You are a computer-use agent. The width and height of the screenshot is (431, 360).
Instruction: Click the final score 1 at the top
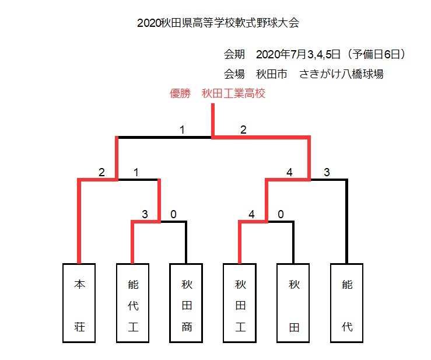pyautogui.click(x=182, y=130)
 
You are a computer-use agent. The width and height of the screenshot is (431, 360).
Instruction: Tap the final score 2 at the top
pyautogui.click(x=243, y=130)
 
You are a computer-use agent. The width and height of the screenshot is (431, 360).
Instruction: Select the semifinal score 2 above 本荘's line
pyautogui.click(x=101, y=173)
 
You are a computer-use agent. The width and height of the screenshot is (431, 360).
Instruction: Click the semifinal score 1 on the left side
pyautogui.click(x=136, y=173)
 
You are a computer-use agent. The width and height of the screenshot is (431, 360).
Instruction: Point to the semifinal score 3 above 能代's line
pyautogui.click(x=327, y=173)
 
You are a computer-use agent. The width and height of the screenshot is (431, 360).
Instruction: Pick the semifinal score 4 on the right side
pyautogui.click(x=289, y=173)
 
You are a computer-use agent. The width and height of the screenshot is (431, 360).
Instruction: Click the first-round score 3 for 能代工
pyautogui.click(x=145, y=214)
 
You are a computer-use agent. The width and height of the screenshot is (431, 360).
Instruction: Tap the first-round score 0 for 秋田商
pyautogui.click(x=173, y=214)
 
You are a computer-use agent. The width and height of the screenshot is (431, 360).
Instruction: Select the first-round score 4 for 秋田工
pyautogui.click(x=251, y=214)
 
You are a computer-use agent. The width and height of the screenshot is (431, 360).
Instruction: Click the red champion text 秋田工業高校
pyautogui.click(x=233, y=94)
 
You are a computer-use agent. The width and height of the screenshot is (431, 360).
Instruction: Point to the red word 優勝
pyautogui.click(x=180, y=94)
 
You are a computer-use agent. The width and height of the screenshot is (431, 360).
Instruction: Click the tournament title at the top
pyautogui.click(x=218, y=23)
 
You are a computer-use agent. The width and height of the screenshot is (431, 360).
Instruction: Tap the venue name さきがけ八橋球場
pyautogui.click(x=341, y=74)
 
